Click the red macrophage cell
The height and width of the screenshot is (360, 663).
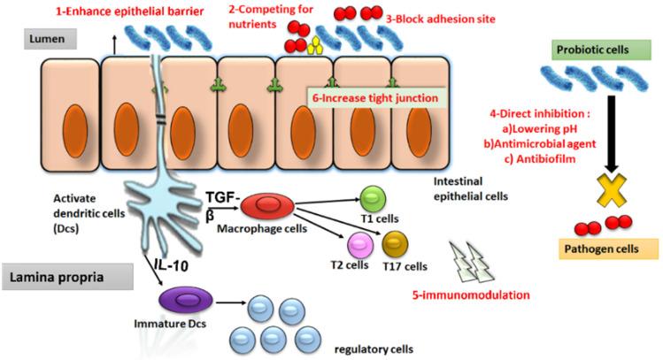pyautogui.click(x=268, y=205)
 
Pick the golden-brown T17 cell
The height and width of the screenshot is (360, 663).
pyautogui.click(x=394, y=241)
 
